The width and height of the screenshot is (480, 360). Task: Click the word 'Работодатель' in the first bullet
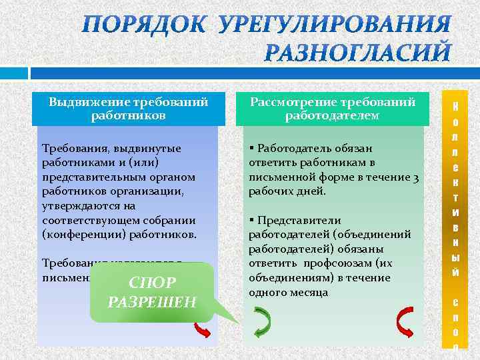tap(290, 148)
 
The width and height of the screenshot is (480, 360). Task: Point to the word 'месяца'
tap(312, 292)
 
